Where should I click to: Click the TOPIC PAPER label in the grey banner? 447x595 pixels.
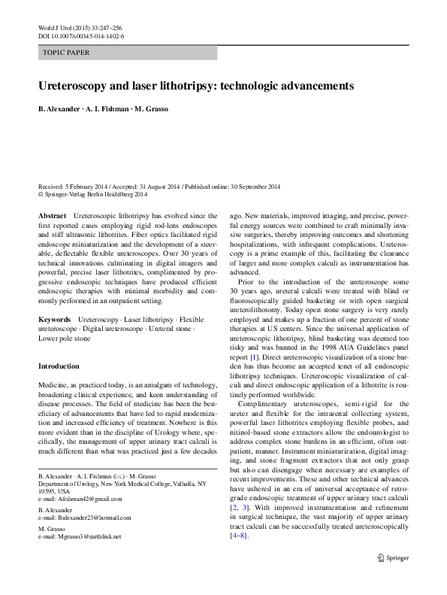click(66, 53)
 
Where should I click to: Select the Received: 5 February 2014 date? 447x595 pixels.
click(74, 187)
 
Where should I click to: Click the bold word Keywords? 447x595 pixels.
click(56, 320)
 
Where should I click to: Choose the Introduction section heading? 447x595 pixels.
click(59, 366)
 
